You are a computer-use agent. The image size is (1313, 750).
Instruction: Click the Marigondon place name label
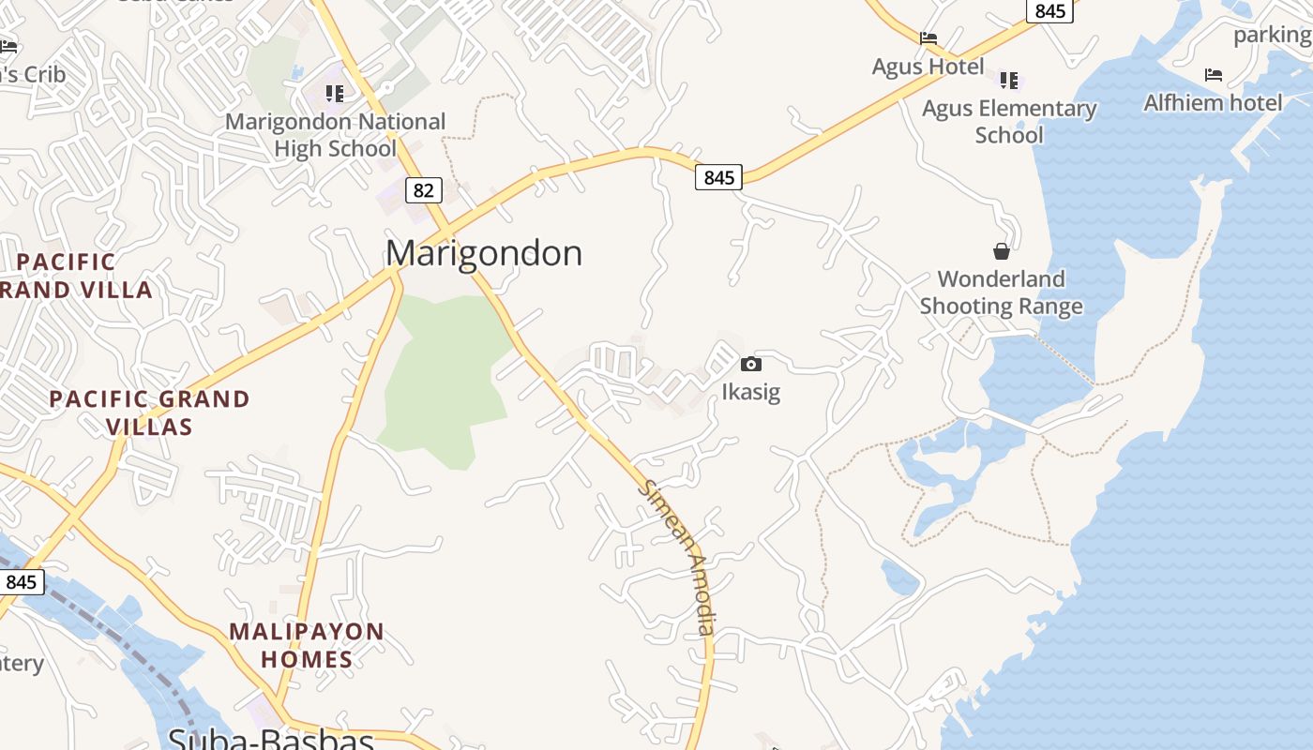pyautogui.click(x=484, y=253)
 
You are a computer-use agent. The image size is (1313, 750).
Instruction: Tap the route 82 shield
pyautogui.click(x=423, y=190)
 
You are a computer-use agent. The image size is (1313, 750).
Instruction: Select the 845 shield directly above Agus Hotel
pyautogui.click(x=1050, y=10)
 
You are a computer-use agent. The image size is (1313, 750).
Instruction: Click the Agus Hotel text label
pyautogui.click(x=928, y=67)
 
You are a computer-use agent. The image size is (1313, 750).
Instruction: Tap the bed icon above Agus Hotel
pyautogui.click(x=928, y=38)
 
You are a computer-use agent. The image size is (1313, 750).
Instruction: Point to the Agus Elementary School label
pyautogui.click(x=1009, y=122)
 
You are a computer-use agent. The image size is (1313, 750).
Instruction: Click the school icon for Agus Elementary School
pyautogui.click(x=1009, y=80)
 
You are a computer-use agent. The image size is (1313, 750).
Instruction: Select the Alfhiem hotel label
pyautogui.click(x=1213, y=102)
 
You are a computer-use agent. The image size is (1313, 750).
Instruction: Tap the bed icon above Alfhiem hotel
pyautogui.click(x=1214, y=74)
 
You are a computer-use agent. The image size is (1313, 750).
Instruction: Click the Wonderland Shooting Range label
pyautogui.click(x=1002, y=292)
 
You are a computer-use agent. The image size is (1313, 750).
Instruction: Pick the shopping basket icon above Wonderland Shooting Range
pyautogui.click(x=1002, y=250)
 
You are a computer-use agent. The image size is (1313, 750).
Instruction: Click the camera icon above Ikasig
pyautogui.click(x=751, y=364)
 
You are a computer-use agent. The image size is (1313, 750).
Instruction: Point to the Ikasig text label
pyautogui.click(x=751, y=391)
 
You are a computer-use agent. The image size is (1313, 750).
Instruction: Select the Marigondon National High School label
pyautogui.click(x=336, y=135)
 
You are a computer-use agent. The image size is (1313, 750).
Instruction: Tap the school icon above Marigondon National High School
pyautogui.click(x=335, y=93)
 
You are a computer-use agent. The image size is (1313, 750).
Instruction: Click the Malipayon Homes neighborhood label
pyautogui.click(x=307, y=645)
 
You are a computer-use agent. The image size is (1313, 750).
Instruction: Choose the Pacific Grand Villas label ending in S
pyautogui.click(x=149, y=412)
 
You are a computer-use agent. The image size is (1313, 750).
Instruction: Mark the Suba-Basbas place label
pyautogui.click(x=271, y=740)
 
